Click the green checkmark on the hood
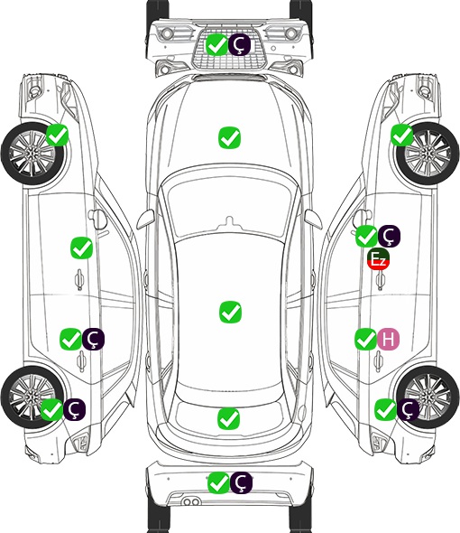229,137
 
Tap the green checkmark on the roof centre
230,312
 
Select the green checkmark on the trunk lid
229,418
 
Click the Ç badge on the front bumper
239,45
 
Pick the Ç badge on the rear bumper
241,482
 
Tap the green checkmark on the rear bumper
218,482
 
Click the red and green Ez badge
378,259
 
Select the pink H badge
389,340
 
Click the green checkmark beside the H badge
366,340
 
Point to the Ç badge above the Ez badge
389,237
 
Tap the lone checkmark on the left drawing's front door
82,248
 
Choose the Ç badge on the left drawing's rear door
94,340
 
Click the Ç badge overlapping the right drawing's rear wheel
408,410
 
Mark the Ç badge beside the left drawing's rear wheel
74,409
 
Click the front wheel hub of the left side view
32,154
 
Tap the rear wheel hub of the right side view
428,397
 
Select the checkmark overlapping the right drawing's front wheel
401,135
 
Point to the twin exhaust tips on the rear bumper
191,501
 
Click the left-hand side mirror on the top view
145,219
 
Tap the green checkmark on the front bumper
217,45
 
